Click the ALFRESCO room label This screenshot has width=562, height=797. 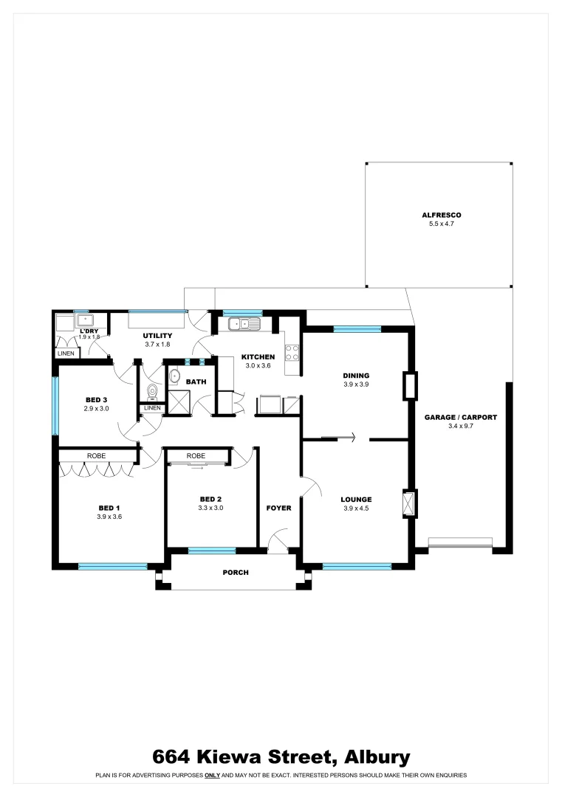(x=436, y=215)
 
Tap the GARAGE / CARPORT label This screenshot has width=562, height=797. (x=460, y=418)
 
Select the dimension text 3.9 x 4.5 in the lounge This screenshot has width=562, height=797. (x=356, y=508)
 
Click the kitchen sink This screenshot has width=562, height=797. (x=244, y=323)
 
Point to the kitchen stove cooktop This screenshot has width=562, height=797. (x=292, y=353)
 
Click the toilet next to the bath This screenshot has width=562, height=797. (x=152, y=391)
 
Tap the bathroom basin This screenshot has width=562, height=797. (x=174, y=376)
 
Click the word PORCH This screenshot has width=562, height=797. (x=236, y=573)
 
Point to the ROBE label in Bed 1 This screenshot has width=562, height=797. (x=97, y=456)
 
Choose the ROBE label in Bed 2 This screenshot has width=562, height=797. (x=196, y=456)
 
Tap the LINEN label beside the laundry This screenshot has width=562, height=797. (x=66, y=354)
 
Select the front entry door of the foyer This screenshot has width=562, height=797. (x=278, y=542)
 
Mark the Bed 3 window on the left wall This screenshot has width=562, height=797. (x=54, y=406)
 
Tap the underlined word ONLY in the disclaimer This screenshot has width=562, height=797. (x=212, y=776)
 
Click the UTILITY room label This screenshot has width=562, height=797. (x=157, y=336)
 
